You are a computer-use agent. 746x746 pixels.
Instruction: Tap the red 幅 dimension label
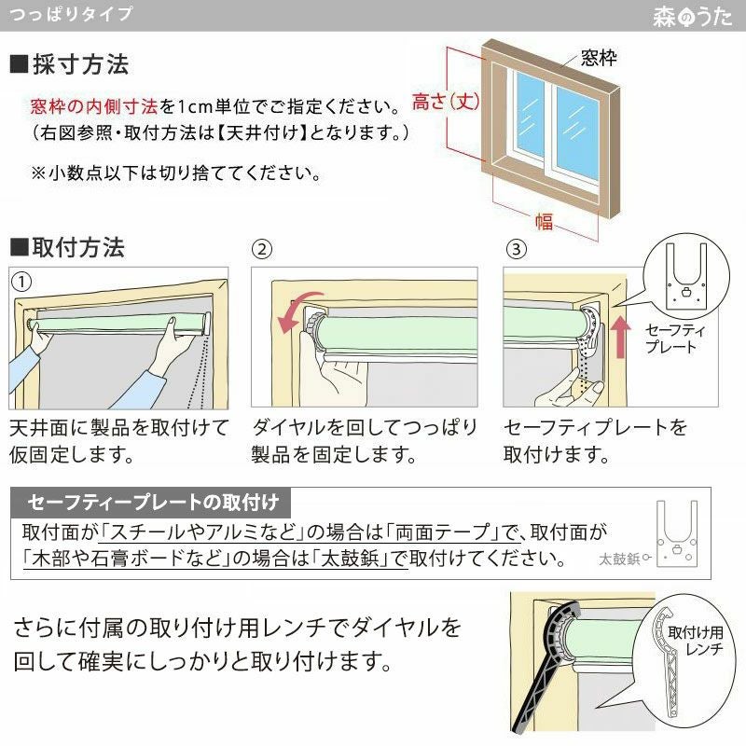tap(544, 221)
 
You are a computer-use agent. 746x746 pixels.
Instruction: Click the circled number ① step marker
tap(20, 279)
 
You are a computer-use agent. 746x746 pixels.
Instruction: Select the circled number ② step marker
tap(263, 249)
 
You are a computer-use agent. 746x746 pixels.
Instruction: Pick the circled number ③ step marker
tap(516, 249)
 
